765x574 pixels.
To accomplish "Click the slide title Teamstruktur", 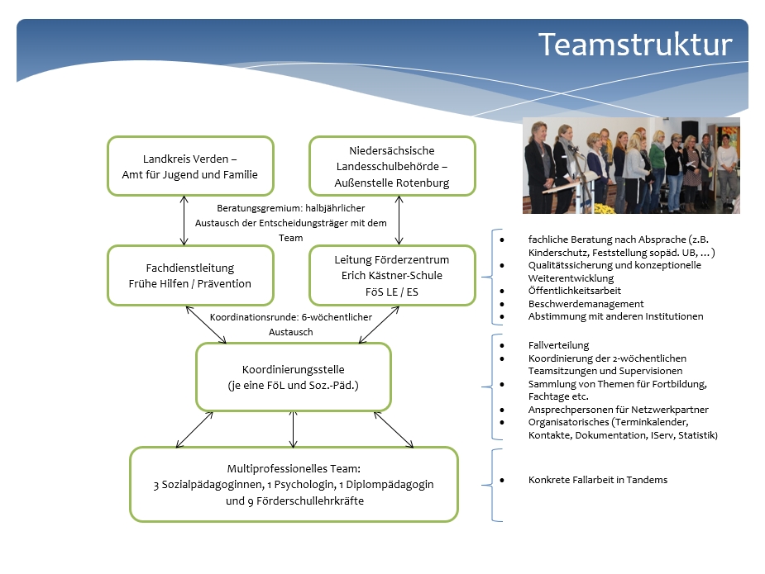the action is point(634,45).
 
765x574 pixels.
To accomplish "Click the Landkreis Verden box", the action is point(190,166).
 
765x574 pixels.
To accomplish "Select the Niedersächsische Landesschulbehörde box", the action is point(392,166).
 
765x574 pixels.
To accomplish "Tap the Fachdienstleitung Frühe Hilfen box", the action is point(190,275).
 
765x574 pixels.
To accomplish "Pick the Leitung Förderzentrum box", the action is point(392,275).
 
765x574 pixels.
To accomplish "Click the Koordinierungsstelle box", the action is point(294,377).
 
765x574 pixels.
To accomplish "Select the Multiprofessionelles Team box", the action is point(294,484).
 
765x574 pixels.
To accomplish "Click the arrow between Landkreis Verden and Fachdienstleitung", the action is point(184,221).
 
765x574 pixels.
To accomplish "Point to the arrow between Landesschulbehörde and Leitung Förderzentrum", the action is point(399,221).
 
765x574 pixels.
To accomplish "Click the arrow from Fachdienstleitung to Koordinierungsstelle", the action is point(206,325).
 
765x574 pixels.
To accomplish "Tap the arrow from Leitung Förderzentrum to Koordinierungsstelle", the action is point(379,325).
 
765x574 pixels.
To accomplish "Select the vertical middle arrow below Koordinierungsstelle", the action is point(294,429).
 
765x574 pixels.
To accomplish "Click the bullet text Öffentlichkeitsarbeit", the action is point(574,291).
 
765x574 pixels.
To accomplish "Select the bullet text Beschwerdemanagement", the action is point(586,304).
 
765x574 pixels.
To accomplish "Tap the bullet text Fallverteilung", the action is point(558,345).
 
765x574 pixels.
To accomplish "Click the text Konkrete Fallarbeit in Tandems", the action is point(598,480).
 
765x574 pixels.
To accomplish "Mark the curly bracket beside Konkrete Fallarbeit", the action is point(492,486).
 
